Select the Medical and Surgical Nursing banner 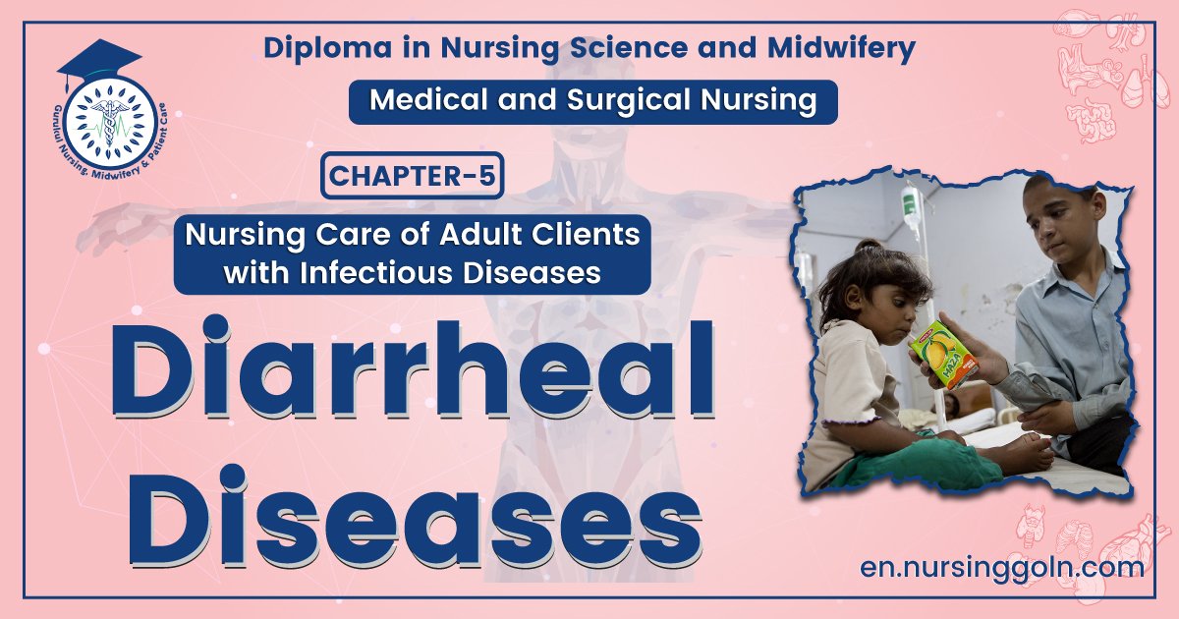tap(592, 101)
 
